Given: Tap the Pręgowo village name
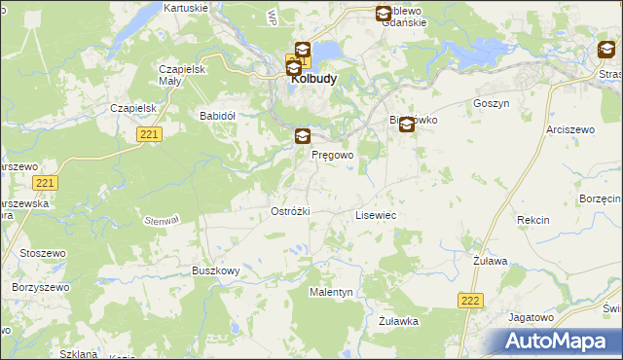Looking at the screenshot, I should (x=332, y=155).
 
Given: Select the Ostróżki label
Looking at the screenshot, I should (x=289, y=211).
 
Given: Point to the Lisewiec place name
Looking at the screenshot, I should (x=376, y=214).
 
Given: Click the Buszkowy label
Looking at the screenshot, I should (x=215, y=270).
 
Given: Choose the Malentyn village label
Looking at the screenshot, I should (x=331, y=292).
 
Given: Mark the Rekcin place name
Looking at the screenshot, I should (x=533, y=220).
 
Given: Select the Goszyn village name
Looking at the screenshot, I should (x=491, y=103).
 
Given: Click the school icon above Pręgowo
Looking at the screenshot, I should (x=304, y=137).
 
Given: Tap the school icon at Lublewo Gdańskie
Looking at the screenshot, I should (x=384, y=14).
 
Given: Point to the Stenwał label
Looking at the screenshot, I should (x=162, y=221).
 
